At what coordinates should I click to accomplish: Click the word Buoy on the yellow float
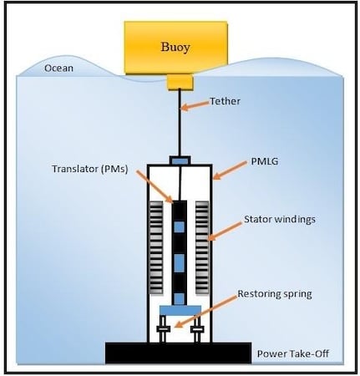(x=175, y=48)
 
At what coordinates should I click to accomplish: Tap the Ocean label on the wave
(x=58, y=69)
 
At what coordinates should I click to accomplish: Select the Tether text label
(x=225, y=101)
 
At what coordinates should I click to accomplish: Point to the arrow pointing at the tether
(x=195, y=106)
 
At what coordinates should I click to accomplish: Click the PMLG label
(x=264, y=161)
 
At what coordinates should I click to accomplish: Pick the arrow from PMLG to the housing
(x=230, y=170)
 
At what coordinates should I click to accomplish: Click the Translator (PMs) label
(x=90, y=169)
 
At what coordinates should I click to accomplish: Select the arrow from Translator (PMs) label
(x=155, y=186)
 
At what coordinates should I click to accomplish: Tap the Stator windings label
(x=280, y=220)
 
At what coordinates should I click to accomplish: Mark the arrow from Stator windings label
(x=225, y=231)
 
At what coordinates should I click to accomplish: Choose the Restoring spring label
(x=275, y=294)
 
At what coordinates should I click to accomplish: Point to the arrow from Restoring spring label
(x=205, y=312)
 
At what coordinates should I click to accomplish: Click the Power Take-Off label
(x=293, y=353)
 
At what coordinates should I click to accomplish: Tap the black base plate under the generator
(x=178, y=353)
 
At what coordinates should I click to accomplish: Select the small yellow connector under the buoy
(x=180, y=82)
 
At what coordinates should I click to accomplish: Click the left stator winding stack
(x=156, y=247)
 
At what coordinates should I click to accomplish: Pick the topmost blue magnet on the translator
(x=180, y=227)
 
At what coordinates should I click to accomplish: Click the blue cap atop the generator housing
(x=180, y=160)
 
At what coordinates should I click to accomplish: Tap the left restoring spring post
(x=163, y=328)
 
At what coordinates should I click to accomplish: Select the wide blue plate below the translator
(x=180, y=311)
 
